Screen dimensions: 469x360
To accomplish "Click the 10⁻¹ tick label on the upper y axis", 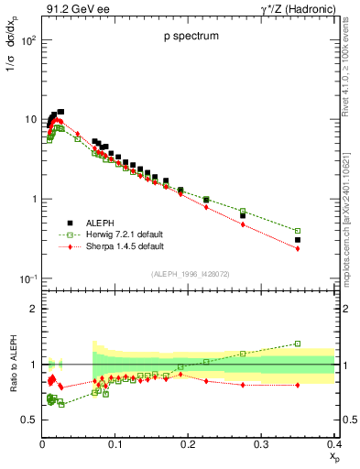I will [x=28, y=278].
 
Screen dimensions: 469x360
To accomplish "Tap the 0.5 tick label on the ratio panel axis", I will [x=29, y=420].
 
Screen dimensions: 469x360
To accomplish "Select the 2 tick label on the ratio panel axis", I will [x=34, y=309].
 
